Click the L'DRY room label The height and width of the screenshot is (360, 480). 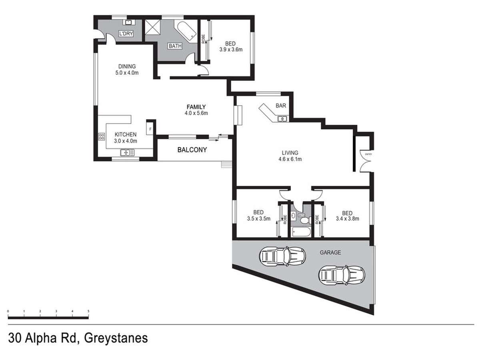(126, 34)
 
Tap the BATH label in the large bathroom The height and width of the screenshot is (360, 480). (175, 46)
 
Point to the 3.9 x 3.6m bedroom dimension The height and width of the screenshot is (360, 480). (231, 50)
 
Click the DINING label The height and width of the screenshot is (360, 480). (127, 66)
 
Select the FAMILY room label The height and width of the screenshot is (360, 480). (196, 107)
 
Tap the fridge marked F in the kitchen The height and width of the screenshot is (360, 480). (150, 129)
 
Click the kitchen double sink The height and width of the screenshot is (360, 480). (128, 152)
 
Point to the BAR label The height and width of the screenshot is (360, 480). (281, 106)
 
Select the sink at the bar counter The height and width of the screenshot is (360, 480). (282, 118)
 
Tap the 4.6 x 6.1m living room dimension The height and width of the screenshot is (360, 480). (290, 159)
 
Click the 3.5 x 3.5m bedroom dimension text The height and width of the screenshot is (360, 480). (259, 219)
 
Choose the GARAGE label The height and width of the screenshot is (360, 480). (330, 252)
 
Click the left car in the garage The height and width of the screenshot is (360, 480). (282, 255)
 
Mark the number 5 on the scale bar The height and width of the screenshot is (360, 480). (88, 311)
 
